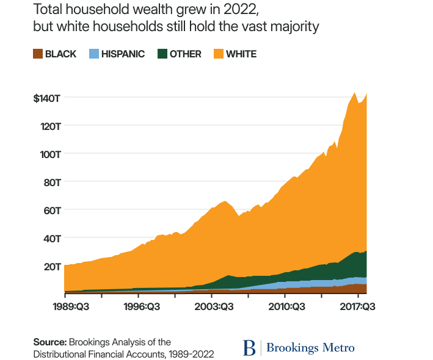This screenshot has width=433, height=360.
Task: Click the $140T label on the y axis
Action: point(46,98)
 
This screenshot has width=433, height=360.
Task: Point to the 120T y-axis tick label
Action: point(49,126)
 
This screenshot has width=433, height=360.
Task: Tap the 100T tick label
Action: point(49,154)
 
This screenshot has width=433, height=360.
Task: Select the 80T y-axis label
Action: point(50,182)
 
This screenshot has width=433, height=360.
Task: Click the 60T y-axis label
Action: point(50,210)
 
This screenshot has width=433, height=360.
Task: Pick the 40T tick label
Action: point(50,238)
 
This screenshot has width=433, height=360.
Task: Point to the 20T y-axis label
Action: point(50,266)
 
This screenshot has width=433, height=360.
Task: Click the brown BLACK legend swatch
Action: point(38,54)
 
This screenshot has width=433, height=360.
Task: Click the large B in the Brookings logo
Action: point(250,348)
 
